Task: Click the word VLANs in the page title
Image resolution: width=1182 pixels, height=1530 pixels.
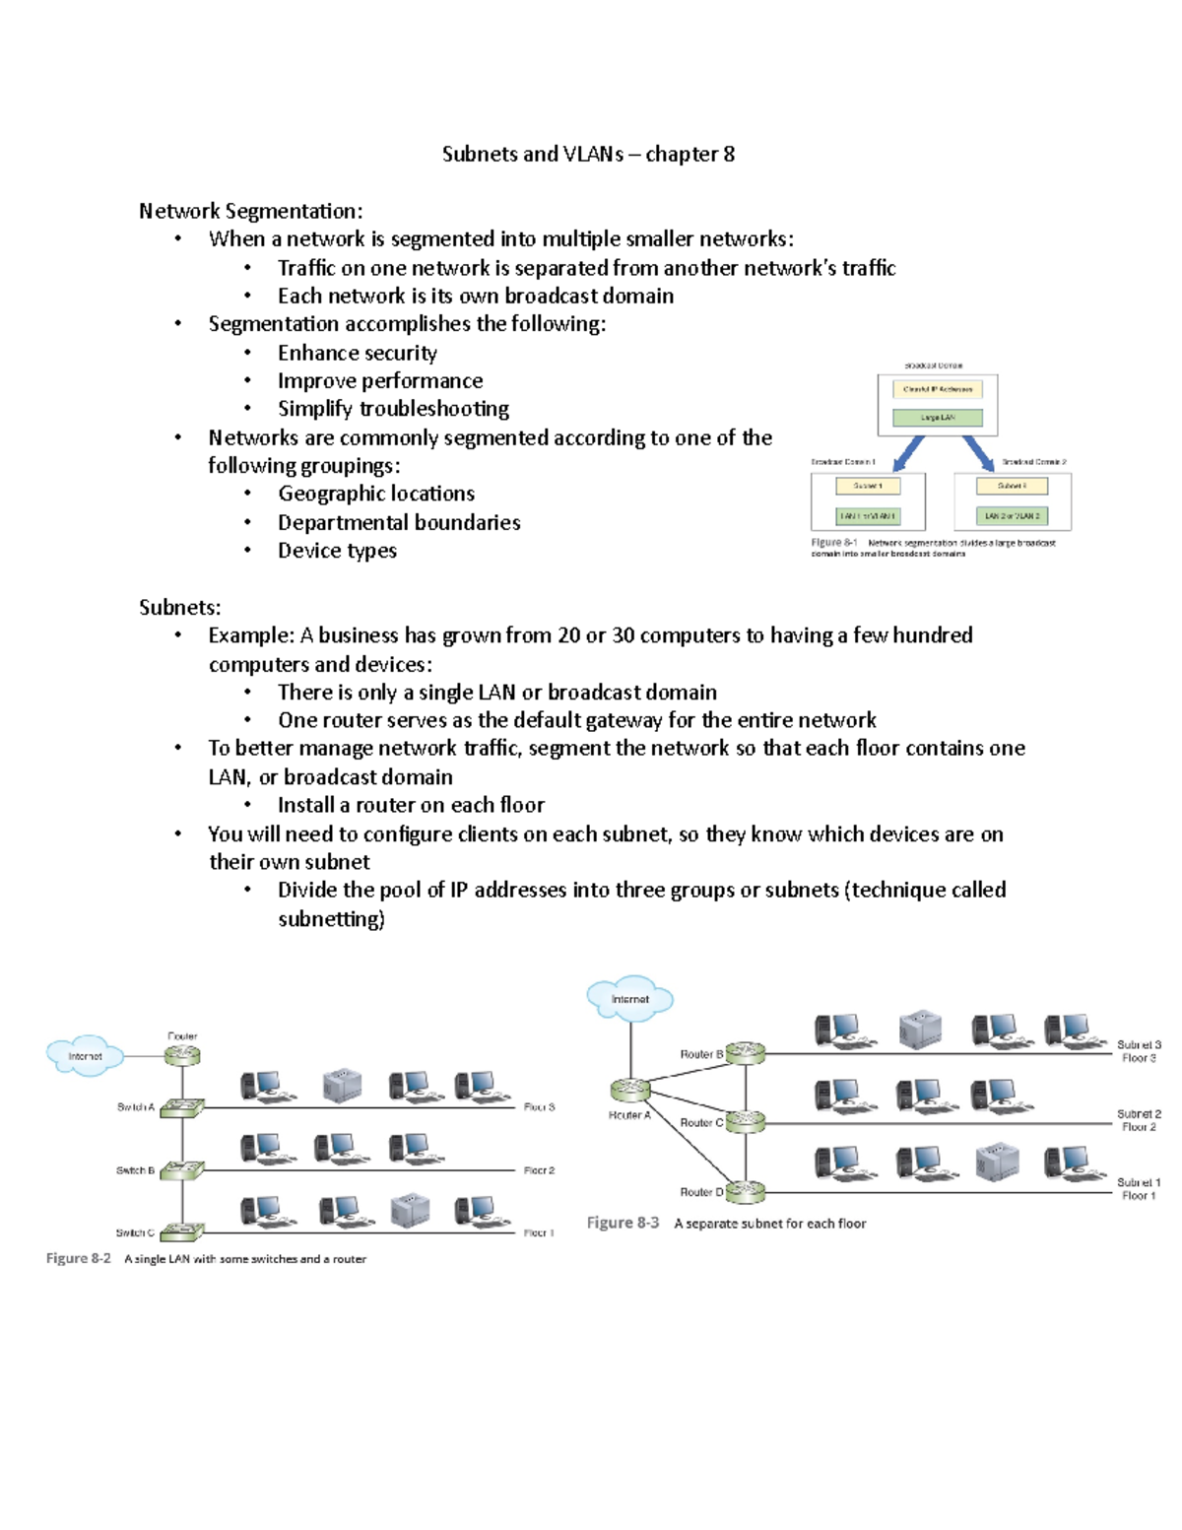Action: (593, 154)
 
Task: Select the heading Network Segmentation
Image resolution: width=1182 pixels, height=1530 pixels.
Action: (250, 211)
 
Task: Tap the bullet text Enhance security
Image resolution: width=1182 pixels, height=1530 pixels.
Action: (357, 353)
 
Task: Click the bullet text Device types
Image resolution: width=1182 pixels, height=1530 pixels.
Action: (337, 551)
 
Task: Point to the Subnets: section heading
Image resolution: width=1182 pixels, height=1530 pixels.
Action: (179, 607)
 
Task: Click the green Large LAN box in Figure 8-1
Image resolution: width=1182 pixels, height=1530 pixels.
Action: (937, 418)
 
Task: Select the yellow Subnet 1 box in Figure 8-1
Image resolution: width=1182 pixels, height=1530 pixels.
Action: (868, 486)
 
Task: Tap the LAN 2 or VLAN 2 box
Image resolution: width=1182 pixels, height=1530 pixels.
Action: (1012, 515)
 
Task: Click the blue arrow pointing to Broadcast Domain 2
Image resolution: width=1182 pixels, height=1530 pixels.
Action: (978, 453)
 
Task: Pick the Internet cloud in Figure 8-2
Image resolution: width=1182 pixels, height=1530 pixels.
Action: (85, 1056)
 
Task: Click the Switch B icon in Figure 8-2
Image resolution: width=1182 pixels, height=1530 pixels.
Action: (182, 1170)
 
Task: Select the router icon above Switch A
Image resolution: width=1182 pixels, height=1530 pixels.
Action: (182, 1055)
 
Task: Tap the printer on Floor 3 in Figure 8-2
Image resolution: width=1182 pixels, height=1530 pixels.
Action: (342, 1085)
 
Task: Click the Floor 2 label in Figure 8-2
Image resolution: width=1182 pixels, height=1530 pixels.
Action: (539, 1170)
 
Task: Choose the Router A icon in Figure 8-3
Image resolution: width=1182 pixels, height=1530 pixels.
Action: (630, 1090)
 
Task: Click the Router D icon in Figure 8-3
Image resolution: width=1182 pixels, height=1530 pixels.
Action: (746, 1191)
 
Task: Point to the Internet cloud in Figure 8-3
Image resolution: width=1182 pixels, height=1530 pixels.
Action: (630, 999)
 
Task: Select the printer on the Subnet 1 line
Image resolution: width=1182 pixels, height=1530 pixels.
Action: (996, 1163)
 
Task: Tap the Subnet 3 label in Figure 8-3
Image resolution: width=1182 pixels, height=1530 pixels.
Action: (1138, 1044)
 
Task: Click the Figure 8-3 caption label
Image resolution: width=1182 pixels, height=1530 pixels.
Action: (623, 1223)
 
